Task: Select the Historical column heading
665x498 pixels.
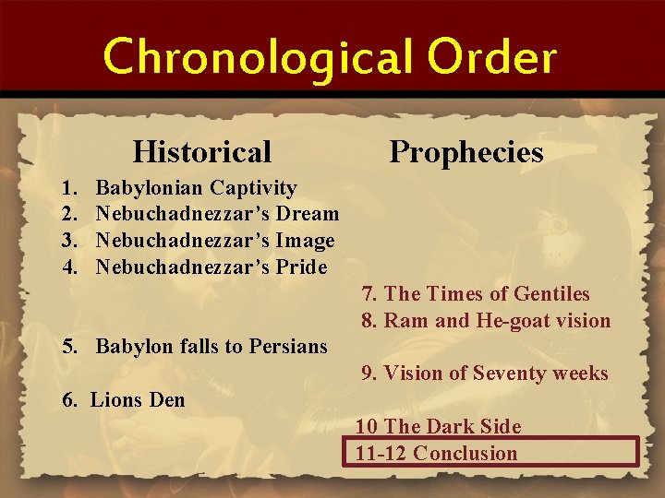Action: pos(202,150)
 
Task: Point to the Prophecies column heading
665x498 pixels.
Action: pos(466,150)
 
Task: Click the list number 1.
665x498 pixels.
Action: pos(68,188)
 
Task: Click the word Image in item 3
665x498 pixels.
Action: pos(304,241)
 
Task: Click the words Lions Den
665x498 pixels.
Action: pos(138,400)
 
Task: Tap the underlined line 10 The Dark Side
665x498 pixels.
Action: pos(439,426)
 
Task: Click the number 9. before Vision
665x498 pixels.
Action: pos(369,373)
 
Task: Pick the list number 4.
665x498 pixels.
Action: pos(68,267)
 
